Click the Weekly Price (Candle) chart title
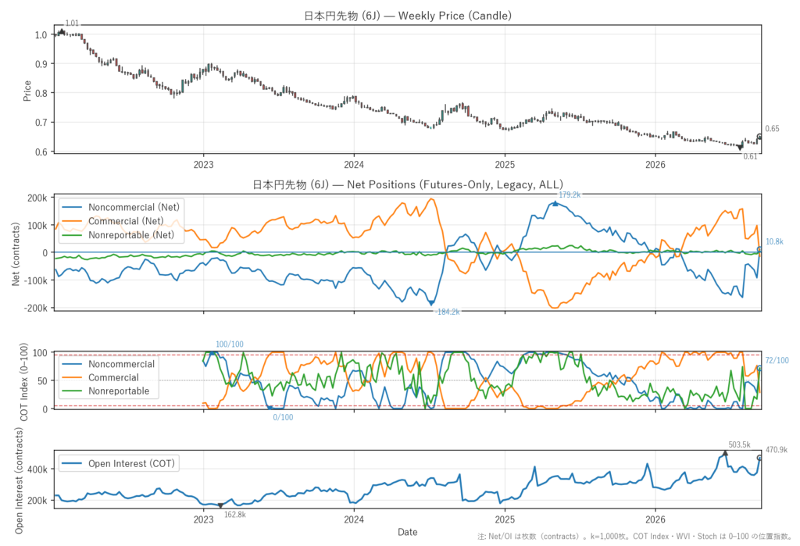pyautogui.click(x=408, y=16)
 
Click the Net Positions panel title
pyautogui.click(x=408, y=184)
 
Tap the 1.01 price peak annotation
pyautogui.click(x=72, y=23)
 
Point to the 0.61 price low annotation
pyautogui.click(x=750, y=157)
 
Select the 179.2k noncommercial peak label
pyautogui.click(x=570, y=194)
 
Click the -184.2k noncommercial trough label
pyautogui.click(x=448, y=312)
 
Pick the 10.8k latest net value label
pyautogui.click(x=774, y=241)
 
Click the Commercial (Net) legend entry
pyautogui.click(x=126, y=221)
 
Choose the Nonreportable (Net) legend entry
pyautogui.click(x=131, y=235)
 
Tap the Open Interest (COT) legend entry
pyautogui.click(x=131, y=463)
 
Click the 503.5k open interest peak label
pyautogui.click(x=739, y=444)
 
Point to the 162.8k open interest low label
pyautogui.click(x=234, y=514)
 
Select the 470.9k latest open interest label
pyautogui.click(x=777, y=450)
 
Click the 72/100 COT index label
pyautogui.click(x=777, y=360)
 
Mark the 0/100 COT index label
pyautogui.click(x=283, y=417)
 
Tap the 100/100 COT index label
pyautogui.click(x=229, y=344)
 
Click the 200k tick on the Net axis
pyautogui.click(x=37, y=198)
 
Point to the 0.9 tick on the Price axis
pyautogui.click(x=41, y=64)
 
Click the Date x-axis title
pyautogui.click(x=407, y=532)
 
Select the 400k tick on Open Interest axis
pyautogui.click(x=37, y=469)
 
